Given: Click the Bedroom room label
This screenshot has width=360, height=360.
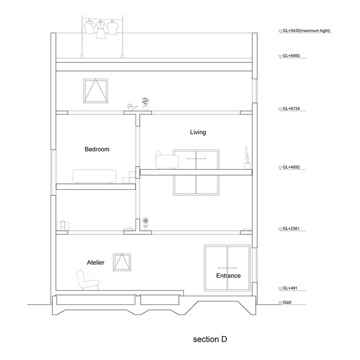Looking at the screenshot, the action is pyautogui.click(x=97, y=149).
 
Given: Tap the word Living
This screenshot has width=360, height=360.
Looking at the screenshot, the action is pyautogui.click(x=198, y=132).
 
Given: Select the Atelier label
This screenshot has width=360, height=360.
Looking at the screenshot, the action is pyautogui.click(x=96, y=263).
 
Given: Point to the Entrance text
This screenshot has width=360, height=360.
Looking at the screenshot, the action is pyautogui.click(x=228, y=275).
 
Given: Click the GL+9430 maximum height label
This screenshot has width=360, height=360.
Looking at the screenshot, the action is pyautogui.click(x=306, y=30).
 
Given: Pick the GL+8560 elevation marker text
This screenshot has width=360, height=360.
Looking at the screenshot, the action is pyautogui.click(x=291, y=56).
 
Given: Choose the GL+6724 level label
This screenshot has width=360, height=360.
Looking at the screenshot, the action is pyautogui.click(x=291, y=109).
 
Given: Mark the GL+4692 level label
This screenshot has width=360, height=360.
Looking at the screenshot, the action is pyautogui.click(x=291, y=167).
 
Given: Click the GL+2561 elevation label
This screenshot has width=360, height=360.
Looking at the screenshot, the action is pyautogui.click(x=291, y=228).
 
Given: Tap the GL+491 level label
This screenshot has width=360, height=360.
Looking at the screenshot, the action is pyautogui.click(x=290, y=288).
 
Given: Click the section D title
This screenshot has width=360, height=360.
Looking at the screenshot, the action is pyautogui.click(x=210, y=339).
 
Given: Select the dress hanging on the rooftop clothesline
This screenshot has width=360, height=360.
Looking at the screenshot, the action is pyautogui.click(x=100, y=30).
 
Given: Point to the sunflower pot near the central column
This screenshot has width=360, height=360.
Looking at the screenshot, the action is pyautogui.click(x=145, y=223).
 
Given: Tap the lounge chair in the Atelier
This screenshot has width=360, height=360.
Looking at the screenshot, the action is pyautogui.click(x=88, y=280).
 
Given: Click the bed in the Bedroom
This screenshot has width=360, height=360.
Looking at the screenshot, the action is pyautogui.click(x=94, y=176).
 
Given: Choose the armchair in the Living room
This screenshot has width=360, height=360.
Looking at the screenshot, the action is pyautogui.click(x=167, y=160).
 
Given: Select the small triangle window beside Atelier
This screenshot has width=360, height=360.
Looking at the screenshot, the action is pyautogui.click(x=122, y=262).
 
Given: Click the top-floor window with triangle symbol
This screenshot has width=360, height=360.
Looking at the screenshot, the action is pyautogui.click(x=96, y=91).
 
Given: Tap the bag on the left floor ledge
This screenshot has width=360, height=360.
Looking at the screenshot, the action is pyautogui.click(x=63, y=225).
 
